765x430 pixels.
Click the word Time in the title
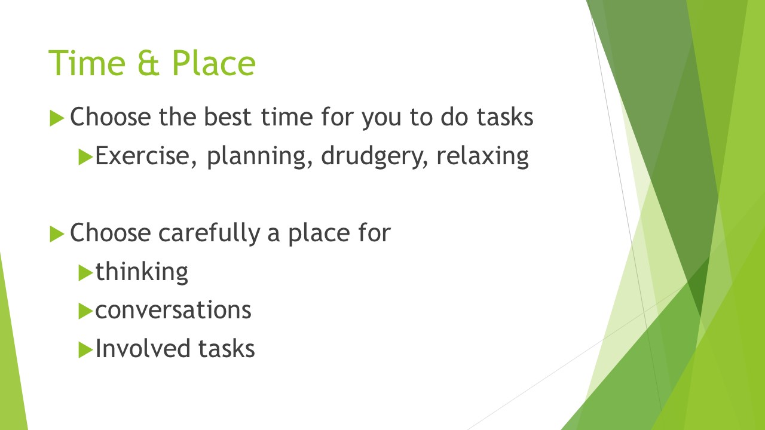(87, 63)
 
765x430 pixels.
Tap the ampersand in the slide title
(149, 63)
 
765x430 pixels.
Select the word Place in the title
(213, 63)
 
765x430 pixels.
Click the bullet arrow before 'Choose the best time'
(57, 118)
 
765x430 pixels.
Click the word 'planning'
(259, 156)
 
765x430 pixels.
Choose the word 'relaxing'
(482, 156)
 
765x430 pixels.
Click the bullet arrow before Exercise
(85, 157)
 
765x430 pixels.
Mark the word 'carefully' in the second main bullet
(209, 234)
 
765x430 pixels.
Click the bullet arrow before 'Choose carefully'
(57, 234)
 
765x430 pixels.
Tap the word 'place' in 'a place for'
(319, 234)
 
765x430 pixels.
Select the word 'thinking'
(142, 272)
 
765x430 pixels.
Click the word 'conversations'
(173, 311)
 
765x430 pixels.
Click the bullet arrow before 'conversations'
(85, 311)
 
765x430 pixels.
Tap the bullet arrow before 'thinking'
(85, 273)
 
